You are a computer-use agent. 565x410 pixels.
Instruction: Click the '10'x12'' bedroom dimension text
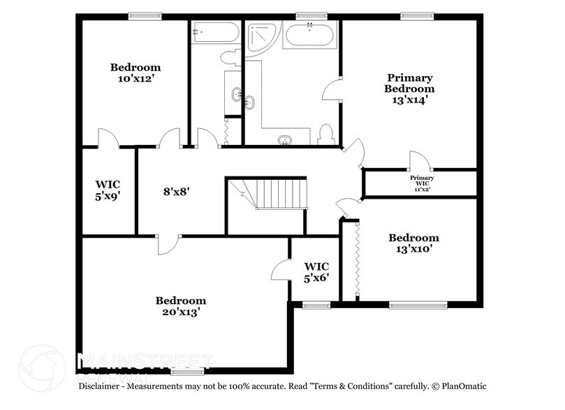[x=135, y=79]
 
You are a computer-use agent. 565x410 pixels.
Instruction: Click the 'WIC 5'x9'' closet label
[x=108, y=190]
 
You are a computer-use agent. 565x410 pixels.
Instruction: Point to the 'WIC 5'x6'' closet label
[x=316, y=272]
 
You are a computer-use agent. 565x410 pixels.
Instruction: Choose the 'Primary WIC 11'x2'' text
[x=421, y=183]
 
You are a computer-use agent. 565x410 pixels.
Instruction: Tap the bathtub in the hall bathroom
[x=214, y=33]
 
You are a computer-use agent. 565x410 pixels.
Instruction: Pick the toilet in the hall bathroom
[x=230, y=57]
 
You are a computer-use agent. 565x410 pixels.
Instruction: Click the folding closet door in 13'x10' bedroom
[x=357, y=259]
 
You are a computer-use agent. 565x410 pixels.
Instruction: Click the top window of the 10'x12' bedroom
[x=145, y=15]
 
